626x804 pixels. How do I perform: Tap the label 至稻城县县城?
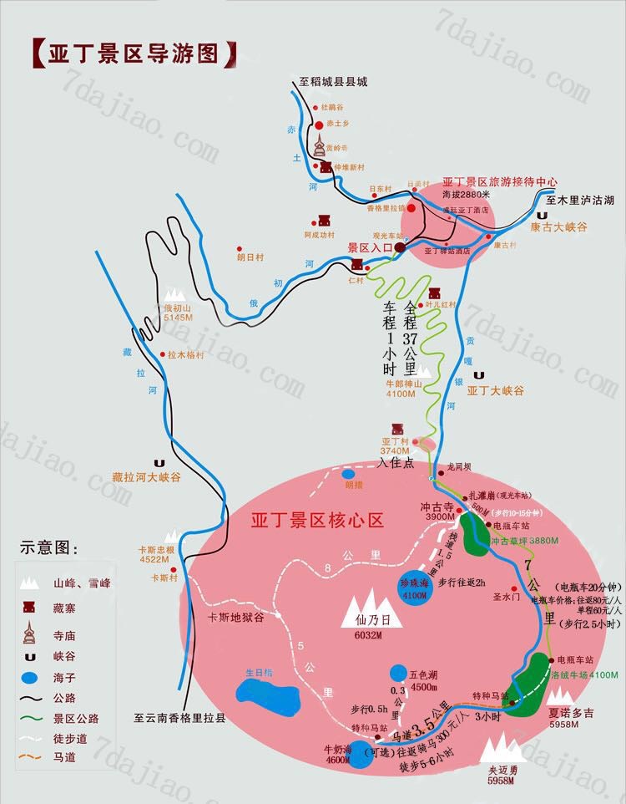click(x=333, y=82)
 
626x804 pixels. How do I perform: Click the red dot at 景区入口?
click(x=400, y=248)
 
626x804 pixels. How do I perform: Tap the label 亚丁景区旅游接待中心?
click(x=499, y=181)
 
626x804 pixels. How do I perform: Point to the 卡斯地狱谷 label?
click(x=236, y=617)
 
